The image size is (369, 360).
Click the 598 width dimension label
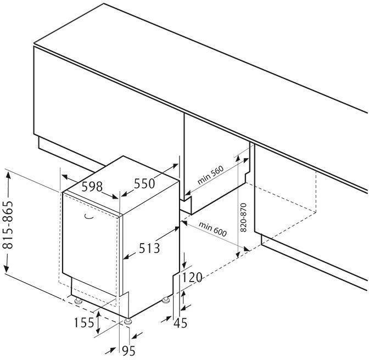(x=92, y=187)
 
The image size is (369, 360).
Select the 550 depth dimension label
(x=144, y=184)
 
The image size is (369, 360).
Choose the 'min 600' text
(x=213, y=229)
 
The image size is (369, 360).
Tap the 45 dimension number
(x=180, y=323)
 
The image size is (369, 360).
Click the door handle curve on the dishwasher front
(x=87, y=218)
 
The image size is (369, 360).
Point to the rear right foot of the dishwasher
(x=166, y=301)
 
